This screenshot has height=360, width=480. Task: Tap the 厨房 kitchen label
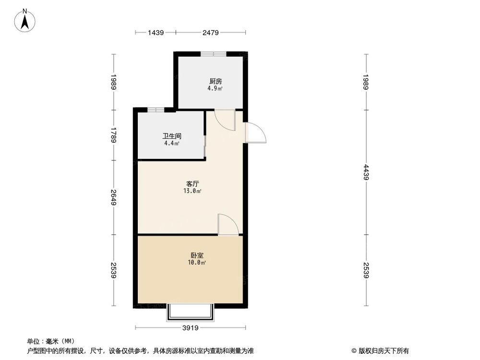tap(215, 81)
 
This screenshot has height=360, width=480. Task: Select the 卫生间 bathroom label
tap(171, 136)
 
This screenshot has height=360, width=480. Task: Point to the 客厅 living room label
tap(193, 184)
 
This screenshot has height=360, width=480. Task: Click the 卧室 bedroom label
tap(196, 255)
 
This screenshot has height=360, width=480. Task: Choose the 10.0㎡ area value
tap(197, 263)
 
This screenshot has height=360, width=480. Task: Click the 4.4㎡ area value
tap(171, 143)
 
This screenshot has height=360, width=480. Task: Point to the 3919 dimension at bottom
tap(191, 328)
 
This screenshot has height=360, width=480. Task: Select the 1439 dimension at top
tap(156, 33)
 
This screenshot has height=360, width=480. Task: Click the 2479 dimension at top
tap(211, 33)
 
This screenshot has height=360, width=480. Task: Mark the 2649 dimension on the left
tap(113, 197)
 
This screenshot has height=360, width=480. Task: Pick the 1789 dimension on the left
tap(113, 135)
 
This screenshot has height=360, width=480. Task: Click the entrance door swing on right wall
tap(254, 133)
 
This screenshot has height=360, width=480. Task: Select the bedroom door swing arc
tap(228, 225)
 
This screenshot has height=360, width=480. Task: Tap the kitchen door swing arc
tap(225, 120)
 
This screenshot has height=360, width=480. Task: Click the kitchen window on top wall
tap(214, 54)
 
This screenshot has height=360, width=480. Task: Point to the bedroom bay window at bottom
tap(190, 312)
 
